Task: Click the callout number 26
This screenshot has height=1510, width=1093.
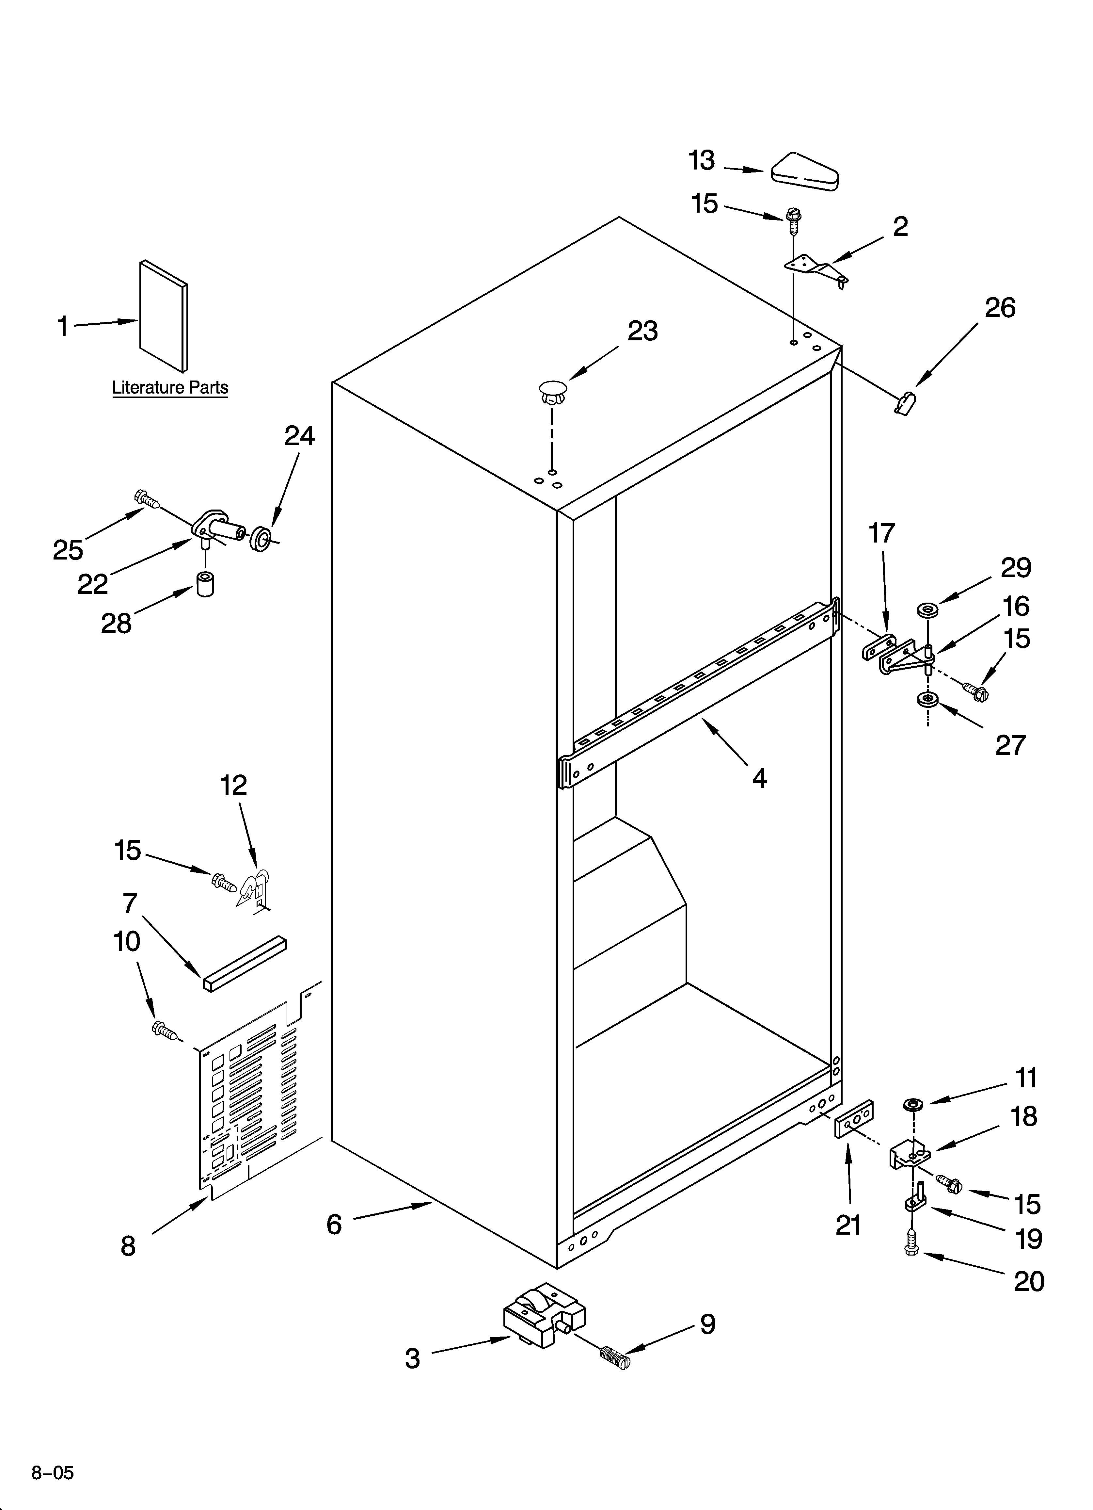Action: (x=1000, y=308)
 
